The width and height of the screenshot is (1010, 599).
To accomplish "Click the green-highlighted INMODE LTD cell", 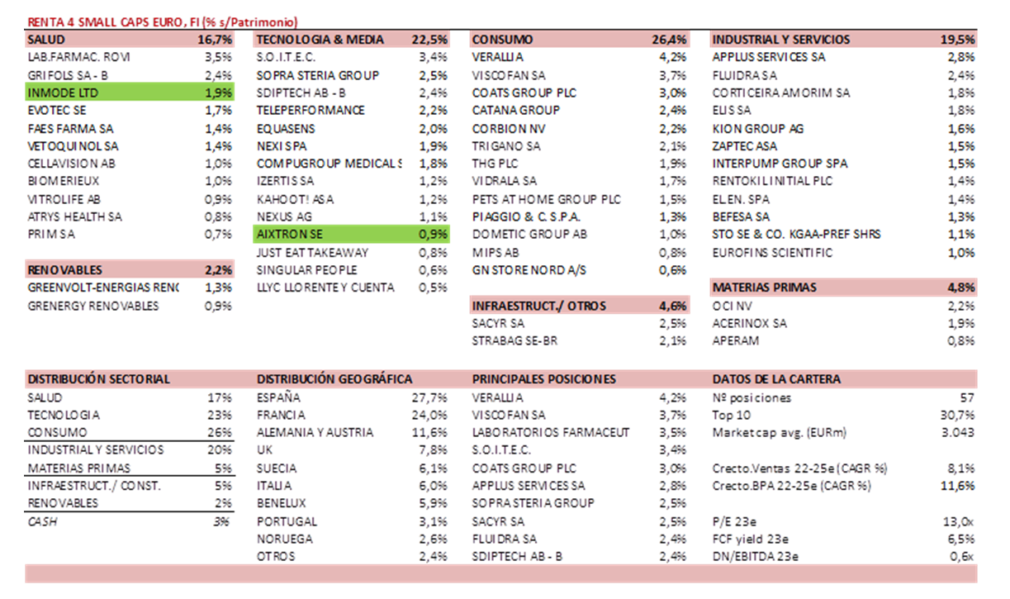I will point(63,93).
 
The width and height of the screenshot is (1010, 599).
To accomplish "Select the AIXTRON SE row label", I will point(289,235).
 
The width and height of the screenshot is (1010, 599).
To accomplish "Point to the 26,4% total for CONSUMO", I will point(669,40).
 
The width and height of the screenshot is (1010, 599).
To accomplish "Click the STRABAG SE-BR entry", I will point(510,340).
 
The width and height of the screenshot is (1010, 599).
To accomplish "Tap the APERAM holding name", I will point(735,340).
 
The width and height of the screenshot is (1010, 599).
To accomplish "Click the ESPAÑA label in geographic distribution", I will point(278,397).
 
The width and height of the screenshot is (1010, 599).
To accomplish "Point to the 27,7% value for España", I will point(429,397).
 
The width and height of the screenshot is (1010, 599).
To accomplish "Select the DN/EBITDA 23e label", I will point(755,556).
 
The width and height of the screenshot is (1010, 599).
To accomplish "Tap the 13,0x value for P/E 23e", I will point(960,521).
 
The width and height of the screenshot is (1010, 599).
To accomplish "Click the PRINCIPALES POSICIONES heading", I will point(543,379).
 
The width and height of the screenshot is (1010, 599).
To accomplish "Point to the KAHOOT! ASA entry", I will point(295,199).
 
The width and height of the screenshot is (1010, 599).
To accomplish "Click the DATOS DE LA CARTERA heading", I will point(776,379).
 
